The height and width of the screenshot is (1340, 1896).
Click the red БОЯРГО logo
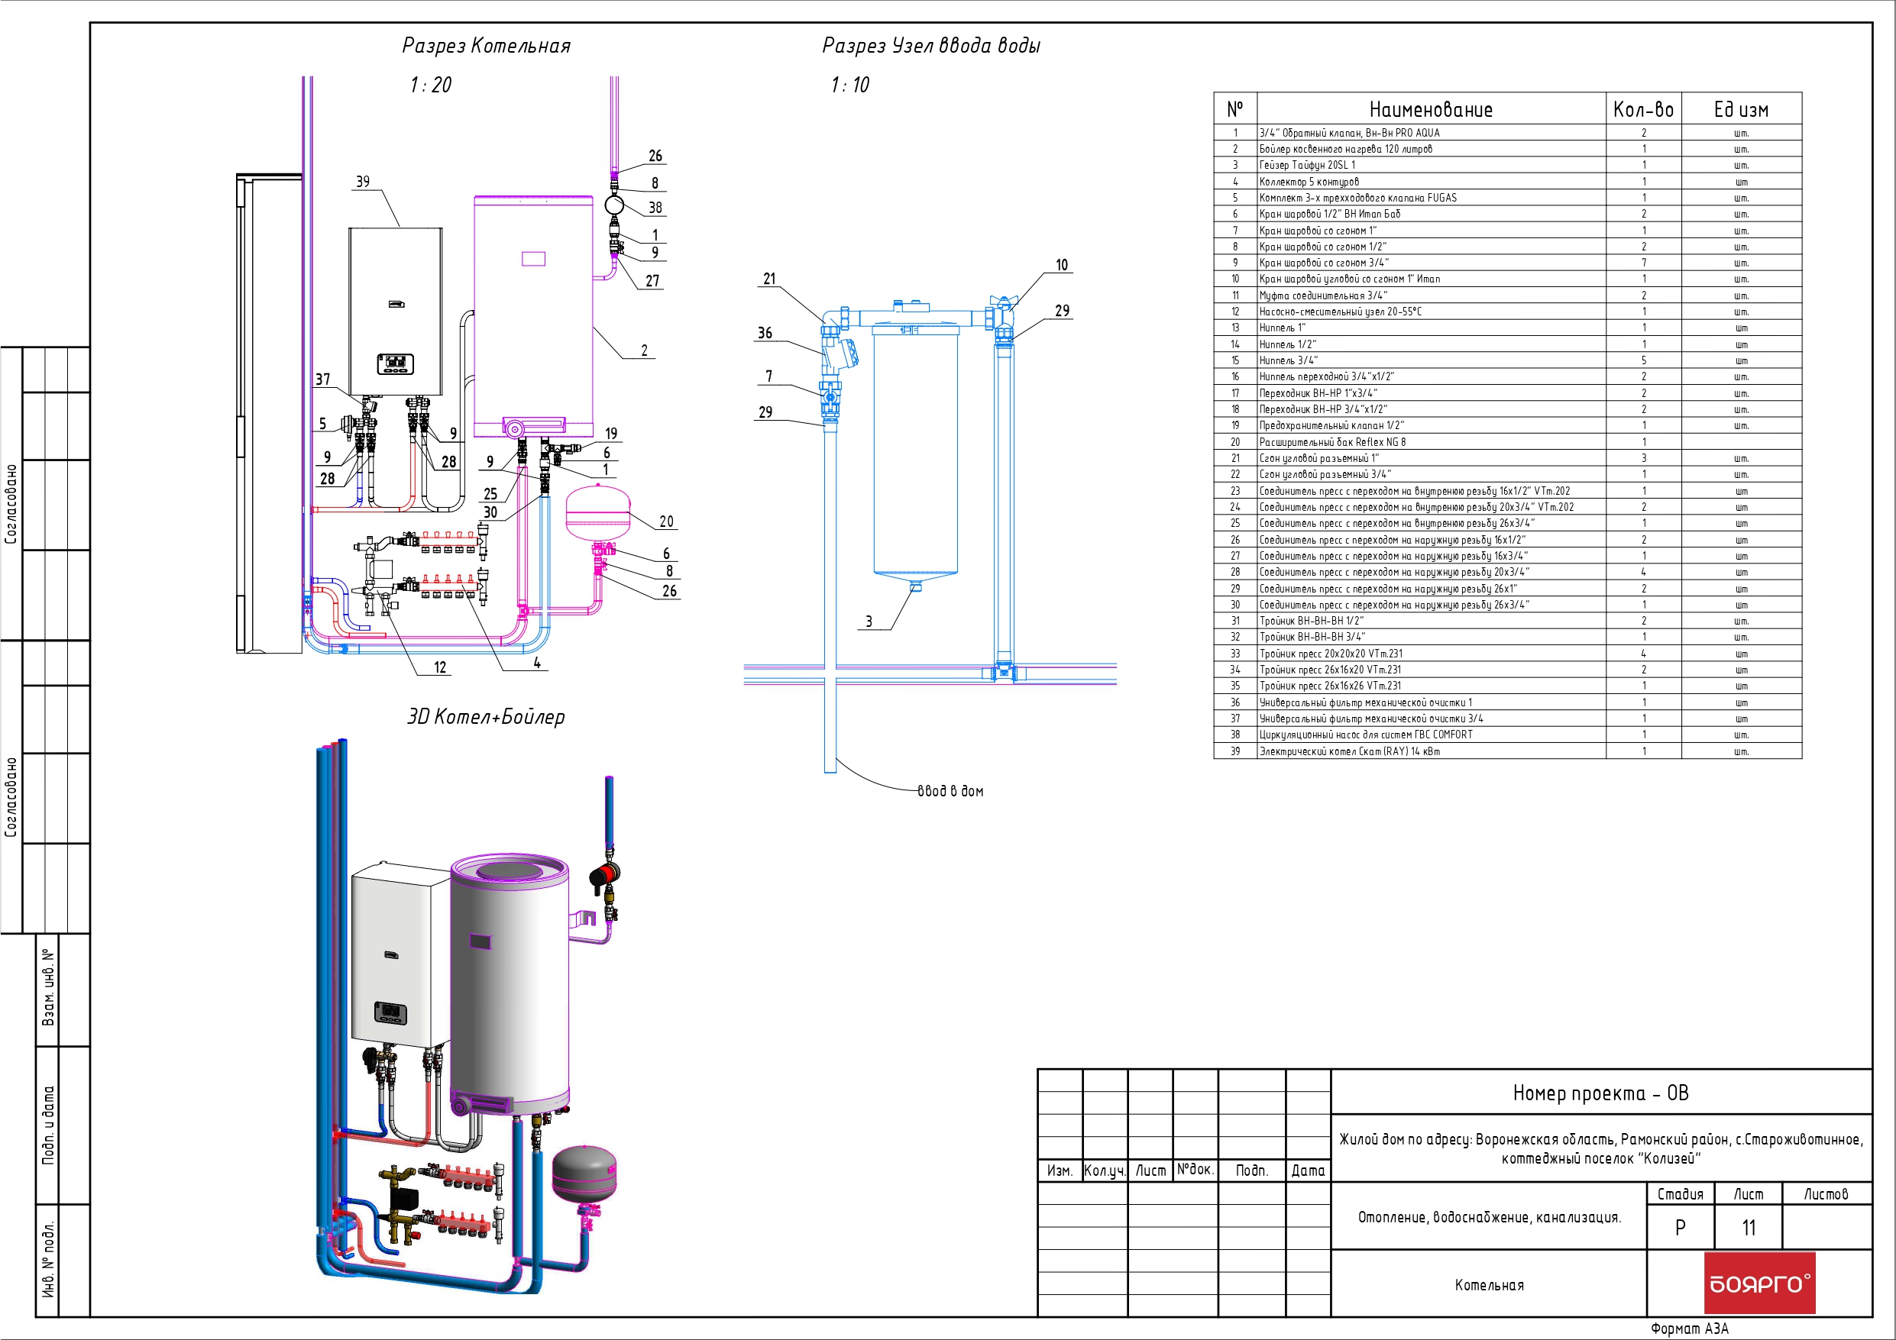(x=1760, y=1282)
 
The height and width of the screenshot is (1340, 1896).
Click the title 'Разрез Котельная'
(x=487, y=45)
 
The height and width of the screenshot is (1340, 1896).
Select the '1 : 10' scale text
(x=849, y=85)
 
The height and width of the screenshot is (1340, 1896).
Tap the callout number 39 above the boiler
(x=363, y=182)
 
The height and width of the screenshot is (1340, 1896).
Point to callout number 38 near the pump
(x=655, y=208)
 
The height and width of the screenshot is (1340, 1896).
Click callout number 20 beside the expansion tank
(x=666, y=521)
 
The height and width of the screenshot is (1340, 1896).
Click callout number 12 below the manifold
(x=440, y=667)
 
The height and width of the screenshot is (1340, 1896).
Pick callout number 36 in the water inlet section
(x=765, y=333)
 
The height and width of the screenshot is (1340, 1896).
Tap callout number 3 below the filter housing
(x=869, y=622)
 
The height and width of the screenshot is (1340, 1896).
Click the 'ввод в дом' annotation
(x=950, y=791)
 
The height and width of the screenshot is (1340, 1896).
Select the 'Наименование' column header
(x=1431, y=110)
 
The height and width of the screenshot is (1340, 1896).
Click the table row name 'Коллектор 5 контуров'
(x=1309, y=182)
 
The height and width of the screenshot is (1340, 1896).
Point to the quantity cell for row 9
(x=1643, y=263)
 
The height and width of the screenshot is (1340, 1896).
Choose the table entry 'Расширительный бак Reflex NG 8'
(x=1332, y=442)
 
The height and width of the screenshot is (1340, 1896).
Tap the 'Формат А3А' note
(x=1690, y=1329)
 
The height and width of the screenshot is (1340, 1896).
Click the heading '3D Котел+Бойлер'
(x=487, y=717)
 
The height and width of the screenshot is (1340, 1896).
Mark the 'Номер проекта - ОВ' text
(x=1600, y=1093)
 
